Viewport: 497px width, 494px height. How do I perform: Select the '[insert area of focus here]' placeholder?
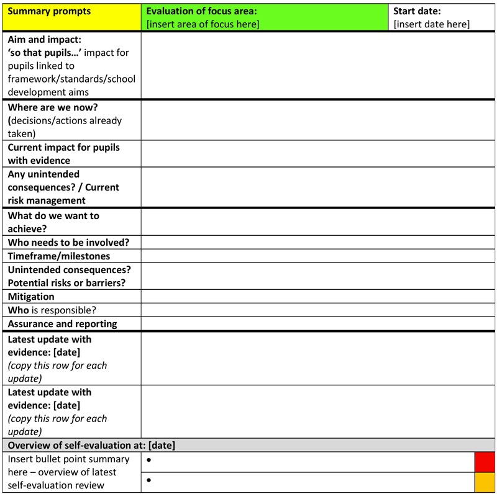tap(203, 25)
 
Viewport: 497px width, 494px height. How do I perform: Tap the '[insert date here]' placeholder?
tap(431, 25)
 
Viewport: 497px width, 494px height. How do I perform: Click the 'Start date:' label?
tap(417, 11)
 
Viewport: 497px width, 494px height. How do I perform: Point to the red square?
tap(485, 462)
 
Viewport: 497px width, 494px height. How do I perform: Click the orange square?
tap(485, 482)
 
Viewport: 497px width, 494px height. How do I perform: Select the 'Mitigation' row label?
tap(31, 297)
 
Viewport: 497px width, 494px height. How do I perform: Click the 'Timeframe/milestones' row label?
tap(59, 256)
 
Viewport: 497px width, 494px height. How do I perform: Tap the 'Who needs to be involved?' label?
tap(68, 243)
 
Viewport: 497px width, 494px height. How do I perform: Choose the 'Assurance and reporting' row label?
tap(62, 324)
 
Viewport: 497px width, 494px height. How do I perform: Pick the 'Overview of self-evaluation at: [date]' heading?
tap(91, 445)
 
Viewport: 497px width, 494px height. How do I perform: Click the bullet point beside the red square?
tap(149, 461)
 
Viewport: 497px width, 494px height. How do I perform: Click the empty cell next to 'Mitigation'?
tap(317, 297)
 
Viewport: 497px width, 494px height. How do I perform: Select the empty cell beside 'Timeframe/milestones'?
tap(317, 256)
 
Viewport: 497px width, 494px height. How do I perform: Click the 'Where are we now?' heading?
tap(53, 107)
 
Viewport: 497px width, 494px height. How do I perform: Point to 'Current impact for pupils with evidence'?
tap(63, 154)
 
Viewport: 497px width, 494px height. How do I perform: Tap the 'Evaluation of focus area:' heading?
tap(201, 11)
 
